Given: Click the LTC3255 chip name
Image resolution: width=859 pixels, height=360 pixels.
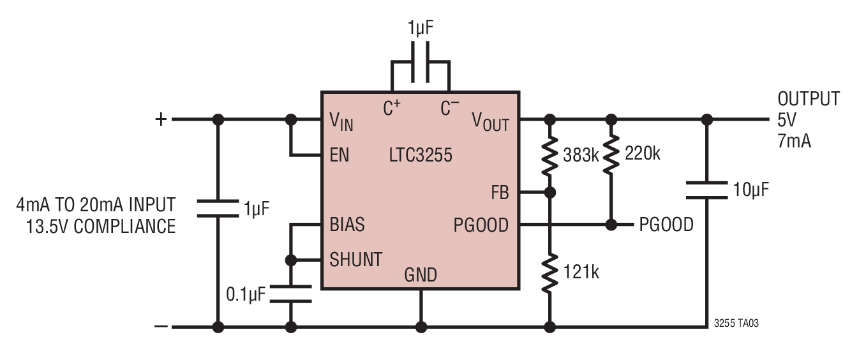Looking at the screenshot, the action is click(x=421, y=155).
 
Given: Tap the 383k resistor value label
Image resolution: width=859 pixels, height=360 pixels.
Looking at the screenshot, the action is click(x=581, y=155).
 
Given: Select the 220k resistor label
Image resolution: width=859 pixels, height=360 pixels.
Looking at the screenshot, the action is click(x=642, y=154).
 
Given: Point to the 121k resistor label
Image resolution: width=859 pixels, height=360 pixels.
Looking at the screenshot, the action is click(x=581, y=272).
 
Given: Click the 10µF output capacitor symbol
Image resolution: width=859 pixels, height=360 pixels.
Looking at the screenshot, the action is click(x=706, y=190).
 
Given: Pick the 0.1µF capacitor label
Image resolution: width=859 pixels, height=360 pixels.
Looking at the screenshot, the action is click(x=246, y=294).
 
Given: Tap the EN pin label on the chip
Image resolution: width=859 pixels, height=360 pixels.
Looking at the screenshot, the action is click(x=340, y=155).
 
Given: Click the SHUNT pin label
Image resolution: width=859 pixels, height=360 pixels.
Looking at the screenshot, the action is click(x=356, y=260).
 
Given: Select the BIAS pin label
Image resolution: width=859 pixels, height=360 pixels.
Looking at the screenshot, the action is click(x=347, y=225).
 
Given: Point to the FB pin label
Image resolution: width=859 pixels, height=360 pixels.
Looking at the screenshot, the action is click(x=500, y=193).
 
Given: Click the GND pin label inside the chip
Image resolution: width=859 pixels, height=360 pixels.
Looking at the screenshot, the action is click(x=421, y=275).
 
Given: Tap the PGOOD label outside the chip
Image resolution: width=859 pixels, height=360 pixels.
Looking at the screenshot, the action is click(x=666, y=225).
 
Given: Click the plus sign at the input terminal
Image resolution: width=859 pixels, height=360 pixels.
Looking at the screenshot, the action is click(x=161, y=119).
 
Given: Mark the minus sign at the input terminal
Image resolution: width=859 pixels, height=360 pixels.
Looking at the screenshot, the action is click(x=161, y=327).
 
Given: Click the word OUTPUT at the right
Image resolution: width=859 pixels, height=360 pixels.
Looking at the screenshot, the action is click(x=809, y=99).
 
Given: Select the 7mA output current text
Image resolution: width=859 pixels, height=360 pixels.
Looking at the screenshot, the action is click(x=794, y=141).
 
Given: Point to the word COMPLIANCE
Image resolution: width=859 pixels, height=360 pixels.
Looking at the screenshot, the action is click(x=124, y=227).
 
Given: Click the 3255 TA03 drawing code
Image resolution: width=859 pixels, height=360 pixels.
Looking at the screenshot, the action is click(x=736, y=323).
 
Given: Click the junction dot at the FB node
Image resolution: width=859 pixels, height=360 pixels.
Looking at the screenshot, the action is click(x=550, y=193).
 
